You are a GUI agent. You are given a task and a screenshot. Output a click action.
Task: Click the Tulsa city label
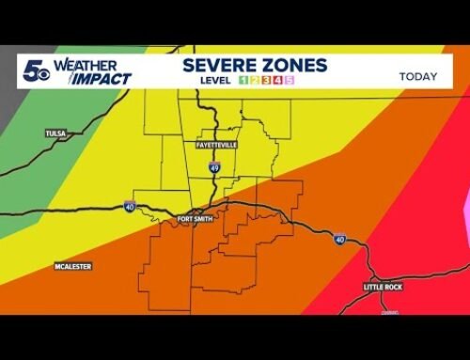55,134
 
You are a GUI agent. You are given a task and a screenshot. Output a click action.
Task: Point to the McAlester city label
72,267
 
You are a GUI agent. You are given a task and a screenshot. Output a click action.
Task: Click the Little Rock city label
383,286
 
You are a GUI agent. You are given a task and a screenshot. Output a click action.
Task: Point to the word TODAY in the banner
418,76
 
